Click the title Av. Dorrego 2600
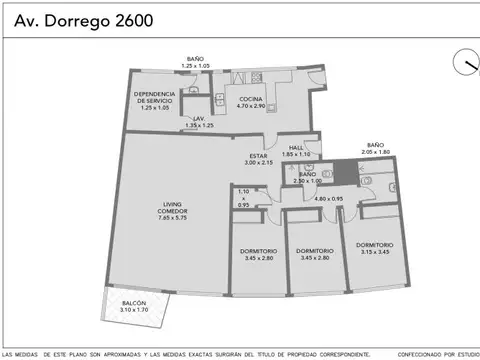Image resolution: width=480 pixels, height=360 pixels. pyautogui.click(x=78, y=20)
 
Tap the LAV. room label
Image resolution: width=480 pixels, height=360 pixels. pyautogui.click(x=203, y=119)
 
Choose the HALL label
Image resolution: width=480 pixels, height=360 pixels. pyautogui.click(x=296, y=148)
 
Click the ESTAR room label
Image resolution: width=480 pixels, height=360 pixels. pyautogui.click(x=259, y=156)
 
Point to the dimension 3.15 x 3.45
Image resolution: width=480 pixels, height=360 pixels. pyautogui.click(x=373, y=251)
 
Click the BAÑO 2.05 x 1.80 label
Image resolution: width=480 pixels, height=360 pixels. pyautogui.click(x=375, y=146)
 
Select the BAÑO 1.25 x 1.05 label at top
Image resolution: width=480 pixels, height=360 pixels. pyautogui.click(x=195, y=59)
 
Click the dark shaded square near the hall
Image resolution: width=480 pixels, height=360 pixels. pyautogui.click(x=344, y=172)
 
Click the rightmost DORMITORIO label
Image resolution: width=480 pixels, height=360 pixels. pyautogui.click(x=373, y=244)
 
